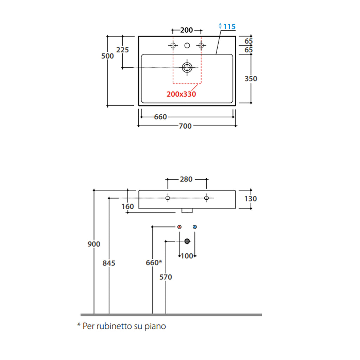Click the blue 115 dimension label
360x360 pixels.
pyautogui.click(x=229, y=26)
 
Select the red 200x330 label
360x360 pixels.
pyautogui.click(x=181, y=94)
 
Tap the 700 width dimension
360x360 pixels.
pyautogui.click(x=185, y=126)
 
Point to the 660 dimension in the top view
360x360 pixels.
pyautogui.click(x=160, y=117)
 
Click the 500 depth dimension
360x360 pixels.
pyautogui.click(x=108, y=56)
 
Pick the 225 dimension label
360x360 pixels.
pyautogui.click(x=122, y=50)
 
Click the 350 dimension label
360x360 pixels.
pyautogui.click(x=251, y=79)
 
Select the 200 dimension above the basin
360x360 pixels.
pyautogui.click(x=186, y=30)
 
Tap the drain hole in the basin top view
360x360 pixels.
pyautogui.click(x=187, y=67)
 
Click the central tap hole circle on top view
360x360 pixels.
pyautogui.click(x=187, y=45)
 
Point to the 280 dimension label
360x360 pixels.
pyautogui.click(x=186, y=179)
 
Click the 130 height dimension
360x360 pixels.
pyautogui.click(x=250, y=199)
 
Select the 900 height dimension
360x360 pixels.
pyautogui.click(x=94, y=244)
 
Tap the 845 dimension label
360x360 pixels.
pyautogui.click(x=109, y=263)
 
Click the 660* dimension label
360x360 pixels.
pyautogui.click(x=154, y=263)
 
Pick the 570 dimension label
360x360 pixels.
pyautogui.click(x=166, y=277)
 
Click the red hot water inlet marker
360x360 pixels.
pyautogui.click(x=180, y=227)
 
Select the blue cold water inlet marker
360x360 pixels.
pyautogui.click(x=195, y=227)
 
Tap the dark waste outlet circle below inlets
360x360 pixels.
pyautogui.click(x=187, y=241)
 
